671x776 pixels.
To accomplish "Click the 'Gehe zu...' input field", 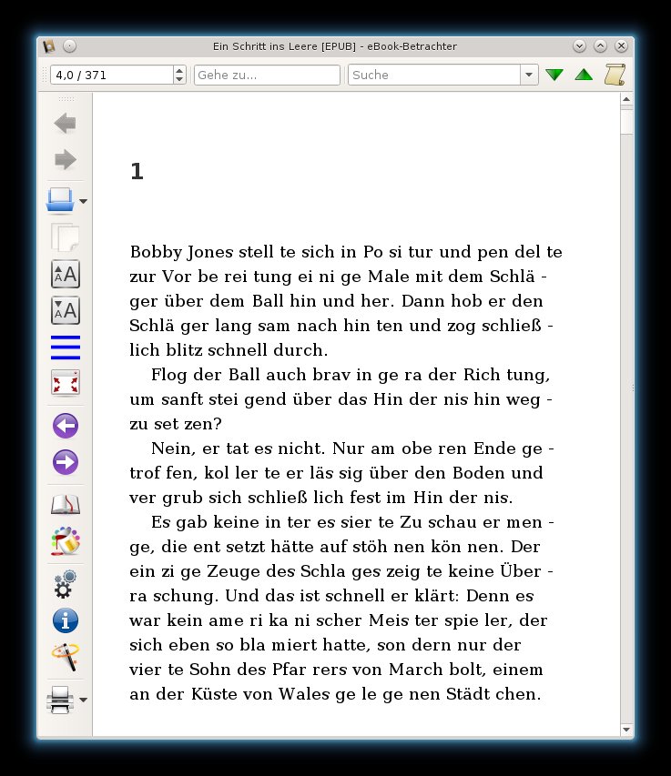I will click(267, 75).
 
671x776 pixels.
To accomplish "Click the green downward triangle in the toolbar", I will click(554, 75).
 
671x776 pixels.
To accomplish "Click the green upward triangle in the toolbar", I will click(584, 75).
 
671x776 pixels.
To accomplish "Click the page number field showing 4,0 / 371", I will click(111, 75).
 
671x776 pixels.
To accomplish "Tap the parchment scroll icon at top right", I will click(615, 75).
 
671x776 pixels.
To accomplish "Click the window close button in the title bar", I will click(621, 45).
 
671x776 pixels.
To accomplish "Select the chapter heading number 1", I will click(137, 171).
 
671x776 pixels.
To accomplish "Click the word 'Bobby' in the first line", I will click(154, 251).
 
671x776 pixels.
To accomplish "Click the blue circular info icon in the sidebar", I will click(66, 620).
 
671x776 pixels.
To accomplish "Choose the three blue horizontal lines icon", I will click(66, 348).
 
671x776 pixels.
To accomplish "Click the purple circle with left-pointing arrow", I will click(66, 425).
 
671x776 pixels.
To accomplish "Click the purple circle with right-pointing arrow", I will click(66, 462).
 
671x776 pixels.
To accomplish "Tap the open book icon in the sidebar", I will click(66, 505).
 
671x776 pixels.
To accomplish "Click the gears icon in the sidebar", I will click(66, 583).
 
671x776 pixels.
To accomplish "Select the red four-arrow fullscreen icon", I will click(66, 382).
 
